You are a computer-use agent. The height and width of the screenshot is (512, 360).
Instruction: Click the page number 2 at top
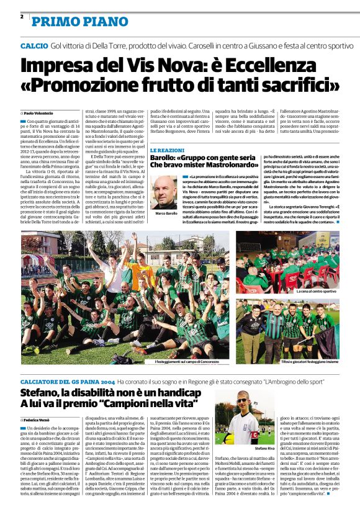pos(22,17)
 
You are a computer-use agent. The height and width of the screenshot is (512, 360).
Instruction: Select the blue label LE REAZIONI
pos(168,151)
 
